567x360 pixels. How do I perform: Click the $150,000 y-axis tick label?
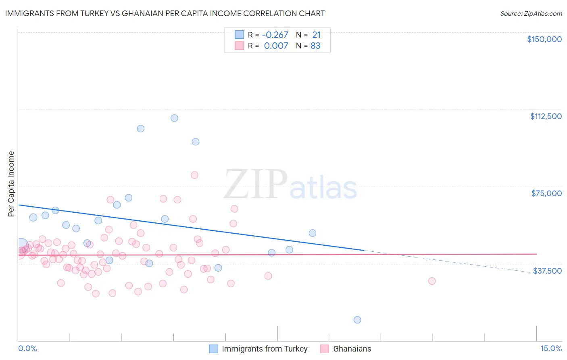pos(544,39)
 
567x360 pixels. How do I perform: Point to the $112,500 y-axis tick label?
pos(546,116)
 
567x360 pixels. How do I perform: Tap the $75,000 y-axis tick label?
pos(546,193)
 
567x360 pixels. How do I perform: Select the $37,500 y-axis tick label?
pos(547,271)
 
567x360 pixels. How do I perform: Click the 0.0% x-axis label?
pos(27,349)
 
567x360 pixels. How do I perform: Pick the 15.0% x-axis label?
pos(551,349)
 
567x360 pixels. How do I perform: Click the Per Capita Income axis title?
pos(11,184)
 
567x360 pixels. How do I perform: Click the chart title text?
pos(165,13)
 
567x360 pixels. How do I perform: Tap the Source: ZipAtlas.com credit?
pos(531,13)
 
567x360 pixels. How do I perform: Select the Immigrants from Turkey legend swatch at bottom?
pos(213,349)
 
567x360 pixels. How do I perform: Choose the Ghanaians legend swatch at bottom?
pos(325,349)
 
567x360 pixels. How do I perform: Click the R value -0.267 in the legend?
pos(276,35)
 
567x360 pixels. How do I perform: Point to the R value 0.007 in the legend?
pos(276,46)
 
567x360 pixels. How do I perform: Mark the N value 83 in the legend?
pos(315,46)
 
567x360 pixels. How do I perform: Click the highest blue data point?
pos(174,118)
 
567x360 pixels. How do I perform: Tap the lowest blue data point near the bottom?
pos(357,320)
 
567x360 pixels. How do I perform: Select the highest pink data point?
pos(194,175)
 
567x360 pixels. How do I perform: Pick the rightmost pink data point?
pos(432,281)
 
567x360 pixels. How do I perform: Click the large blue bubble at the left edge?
pos(21,245)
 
